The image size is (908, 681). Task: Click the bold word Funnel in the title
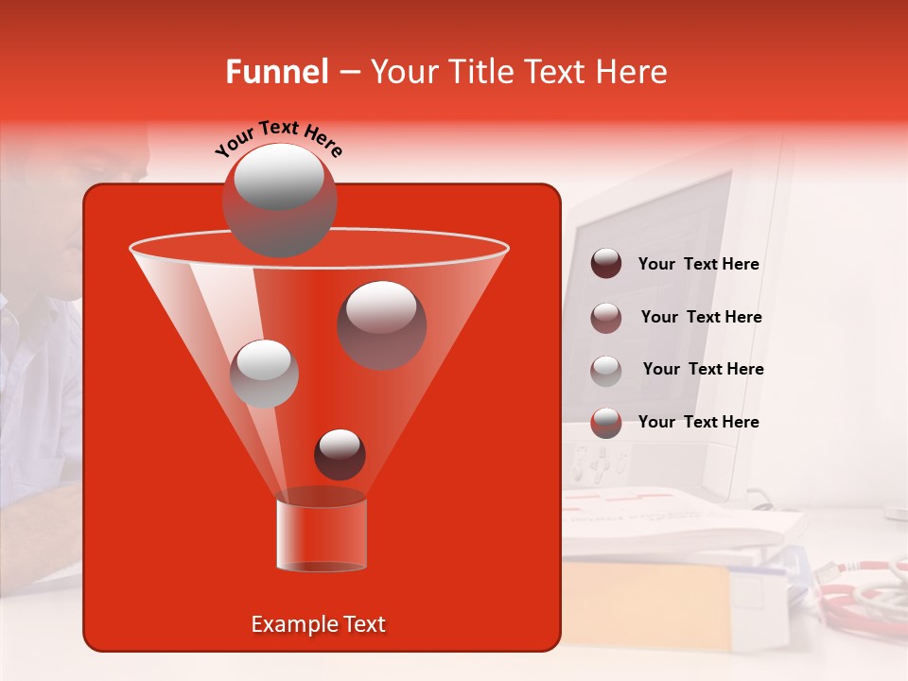click(276, 72)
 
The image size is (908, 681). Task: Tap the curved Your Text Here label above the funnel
click(279, 139)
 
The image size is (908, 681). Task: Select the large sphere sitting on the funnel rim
click(279, 201)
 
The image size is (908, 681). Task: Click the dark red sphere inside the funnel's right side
click(381, 324)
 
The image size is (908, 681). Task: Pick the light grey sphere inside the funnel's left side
click(265, 373)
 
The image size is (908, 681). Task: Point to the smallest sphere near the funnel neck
click(340, 454)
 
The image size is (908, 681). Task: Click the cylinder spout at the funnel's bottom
click(322, 534)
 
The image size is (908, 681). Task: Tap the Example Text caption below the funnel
click(319, 624)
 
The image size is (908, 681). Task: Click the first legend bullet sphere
click(606, 264)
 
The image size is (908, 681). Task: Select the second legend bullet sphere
click(606, 317)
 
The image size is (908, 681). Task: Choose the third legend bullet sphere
click(606, 370)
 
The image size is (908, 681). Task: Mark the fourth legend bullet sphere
click(606, 423)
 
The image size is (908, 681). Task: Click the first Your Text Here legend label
click(698, 265)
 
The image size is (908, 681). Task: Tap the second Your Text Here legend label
click(701, 318)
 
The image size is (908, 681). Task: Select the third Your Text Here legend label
click(703, 370)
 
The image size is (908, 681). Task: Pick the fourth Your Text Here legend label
click(698, 422)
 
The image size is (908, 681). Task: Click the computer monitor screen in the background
click(653, 293)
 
